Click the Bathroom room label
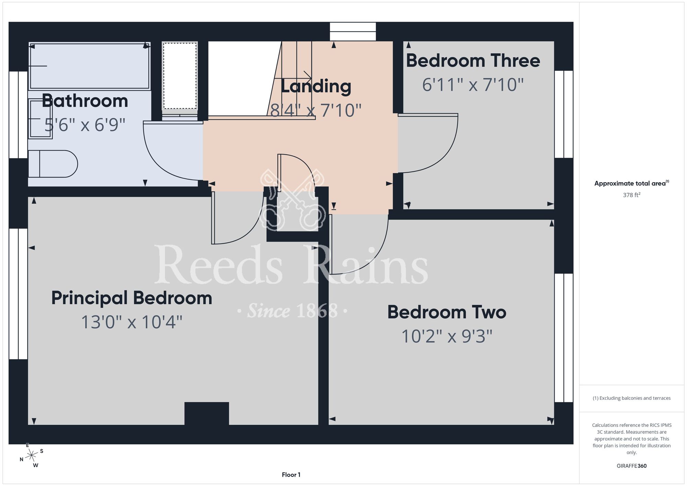85,101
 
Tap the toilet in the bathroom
53,164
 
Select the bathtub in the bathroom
90,66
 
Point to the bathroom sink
40,119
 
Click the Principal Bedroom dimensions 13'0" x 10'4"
132,322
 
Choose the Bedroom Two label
447,312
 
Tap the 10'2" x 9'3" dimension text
447,336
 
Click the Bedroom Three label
473,60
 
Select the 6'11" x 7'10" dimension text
473,85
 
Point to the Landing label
316,86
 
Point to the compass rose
32,455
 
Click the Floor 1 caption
291,475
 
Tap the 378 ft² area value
632,195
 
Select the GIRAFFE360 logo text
632,466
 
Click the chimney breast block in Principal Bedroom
207,413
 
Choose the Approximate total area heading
632,183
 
